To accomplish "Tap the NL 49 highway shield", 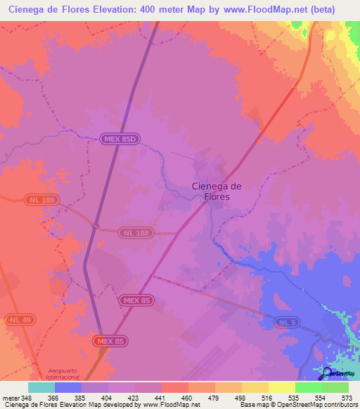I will tap(20, 320).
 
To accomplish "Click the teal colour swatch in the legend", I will tap(41, 387).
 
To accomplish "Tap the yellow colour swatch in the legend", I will tap(282, 387).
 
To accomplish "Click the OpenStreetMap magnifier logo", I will tap(328, 372).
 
